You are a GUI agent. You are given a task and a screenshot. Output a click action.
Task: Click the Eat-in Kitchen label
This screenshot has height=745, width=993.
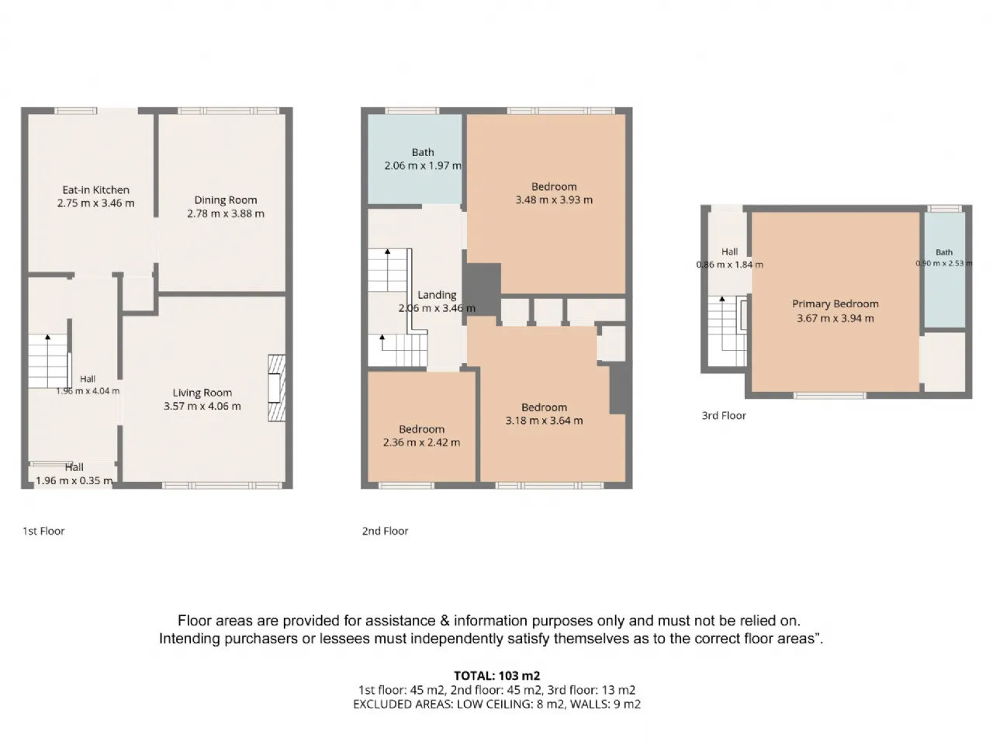pyautogui.click(x=96, y=189)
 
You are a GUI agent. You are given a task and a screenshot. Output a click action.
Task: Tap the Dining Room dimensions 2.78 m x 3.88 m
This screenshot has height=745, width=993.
pyautogui.click(x=226, y=213)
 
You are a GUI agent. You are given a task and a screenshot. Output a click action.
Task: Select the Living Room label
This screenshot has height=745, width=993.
pyautogui.click(x=202, y=393)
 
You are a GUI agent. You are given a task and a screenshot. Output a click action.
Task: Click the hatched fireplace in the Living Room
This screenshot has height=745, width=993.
pyautogui.click(x=276, y=388)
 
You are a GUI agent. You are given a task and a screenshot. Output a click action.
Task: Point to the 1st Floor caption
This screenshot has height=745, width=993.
pyautogui.click(x=44, y=531)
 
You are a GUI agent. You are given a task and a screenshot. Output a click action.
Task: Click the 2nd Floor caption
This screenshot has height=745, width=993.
pyautogui.click(x=385, y=531)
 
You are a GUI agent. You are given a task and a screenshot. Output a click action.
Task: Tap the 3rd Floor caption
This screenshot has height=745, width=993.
pyautogui.click(x=724, y=416)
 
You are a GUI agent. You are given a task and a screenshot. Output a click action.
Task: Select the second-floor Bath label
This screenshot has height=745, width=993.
pyautogui.click(x=423, y=152)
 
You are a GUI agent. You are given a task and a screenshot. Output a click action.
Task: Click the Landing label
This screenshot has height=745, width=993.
pyautogui.click(x=437, y=295)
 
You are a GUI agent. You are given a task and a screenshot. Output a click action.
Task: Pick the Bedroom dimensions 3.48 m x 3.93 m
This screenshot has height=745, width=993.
pyautogui.click(x=554, y=200)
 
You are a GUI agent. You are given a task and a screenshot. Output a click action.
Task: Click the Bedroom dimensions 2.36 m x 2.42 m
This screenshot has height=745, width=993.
pyautogui.click(x=421, y=442)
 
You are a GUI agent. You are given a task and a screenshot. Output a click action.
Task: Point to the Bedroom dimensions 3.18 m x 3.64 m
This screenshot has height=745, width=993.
pyautogui.click(x=545, y=421)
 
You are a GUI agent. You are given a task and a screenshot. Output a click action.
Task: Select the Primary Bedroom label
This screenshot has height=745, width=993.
pyautogui.click(x=836, y=304)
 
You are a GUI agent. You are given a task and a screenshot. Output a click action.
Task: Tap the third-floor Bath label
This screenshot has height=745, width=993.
pyautogui.click(x=944, y=252)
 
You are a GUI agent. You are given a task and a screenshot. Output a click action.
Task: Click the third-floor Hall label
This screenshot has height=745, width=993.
pyautogui.click(x=730, y=251)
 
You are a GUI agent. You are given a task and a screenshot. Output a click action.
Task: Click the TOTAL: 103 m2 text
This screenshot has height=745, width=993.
pyautogui.click(x=497, y=676)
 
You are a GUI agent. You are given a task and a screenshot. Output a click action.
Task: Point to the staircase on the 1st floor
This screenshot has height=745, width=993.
pyautogui.click(x=48, y=361)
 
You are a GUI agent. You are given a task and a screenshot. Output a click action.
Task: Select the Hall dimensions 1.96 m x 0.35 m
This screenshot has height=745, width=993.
pyautogui.click(x=74, y=481)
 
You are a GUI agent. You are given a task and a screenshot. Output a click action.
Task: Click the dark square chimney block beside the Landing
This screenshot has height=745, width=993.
pyautogui.click(x=483, y=285)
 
